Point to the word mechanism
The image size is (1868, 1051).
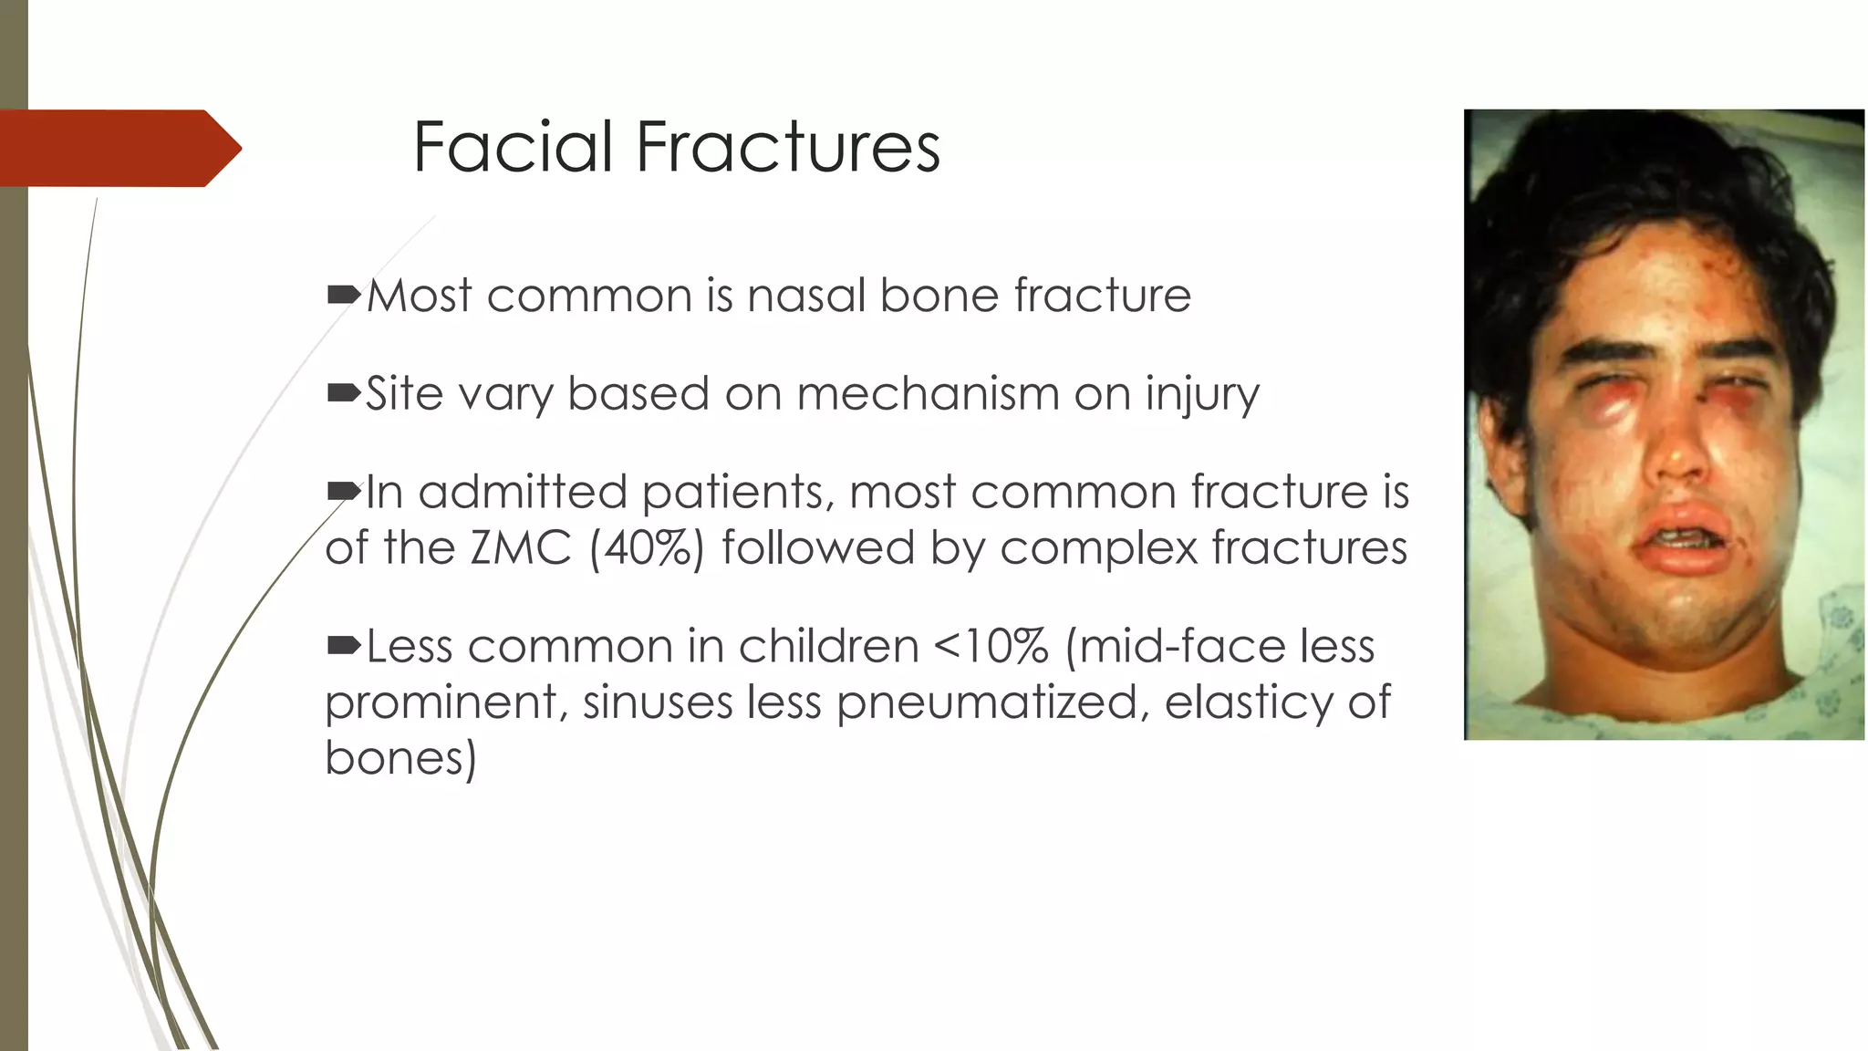(x=928, y=394)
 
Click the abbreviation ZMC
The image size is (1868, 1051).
(x=521, y=548)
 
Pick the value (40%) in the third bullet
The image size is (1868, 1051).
(x=647, y=548)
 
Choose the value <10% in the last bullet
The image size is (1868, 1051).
(x=991, y=647)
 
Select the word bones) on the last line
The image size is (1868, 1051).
(x=400, y=758)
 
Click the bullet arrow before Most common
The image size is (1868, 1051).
(x=344, y=295)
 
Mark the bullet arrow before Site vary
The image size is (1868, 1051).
(x=344, y=393)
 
